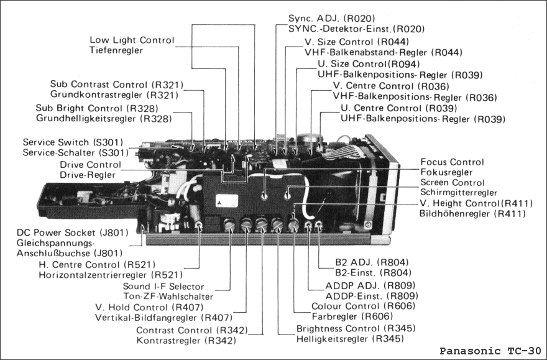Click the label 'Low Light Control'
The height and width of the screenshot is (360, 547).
coord(132,40)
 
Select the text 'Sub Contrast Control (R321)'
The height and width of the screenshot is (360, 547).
coord(117,84)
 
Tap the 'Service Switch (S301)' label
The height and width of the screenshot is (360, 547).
coord(73,142)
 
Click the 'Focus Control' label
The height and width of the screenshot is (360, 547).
coord(452,162)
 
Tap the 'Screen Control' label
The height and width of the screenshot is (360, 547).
coord(452,182)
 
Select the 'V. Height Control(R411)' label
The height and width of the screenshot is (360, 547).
coord(476,203)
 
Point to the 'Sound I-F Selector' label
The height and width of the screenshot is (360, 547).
coord(163,286)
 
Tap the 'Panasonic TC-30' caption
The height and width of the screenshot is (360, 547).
coord(490,351)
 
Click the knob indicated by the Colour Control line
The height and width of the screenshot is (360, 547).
coord(294,224)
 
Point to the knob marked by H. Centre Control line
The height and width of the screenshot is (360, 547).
coord(199,224)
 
